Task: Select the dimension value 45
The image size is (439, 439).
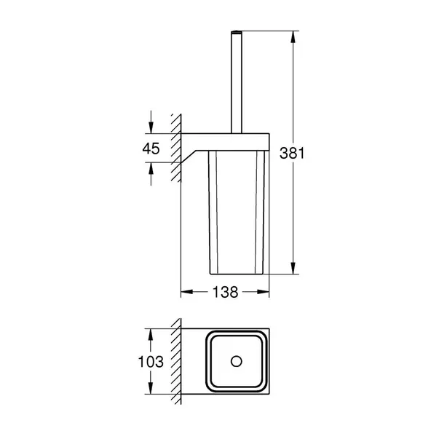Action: tap(151, 148)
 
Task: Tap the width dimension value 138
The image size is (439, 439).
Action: tap(225, 292)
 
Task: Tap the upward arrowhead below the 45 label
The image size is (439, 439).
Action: tap(151, 170)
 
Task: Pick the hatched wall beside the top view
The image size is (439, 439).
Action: tap(175, 361)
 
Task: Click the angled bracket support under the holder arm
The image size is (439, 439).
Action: tap(193, 153)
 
